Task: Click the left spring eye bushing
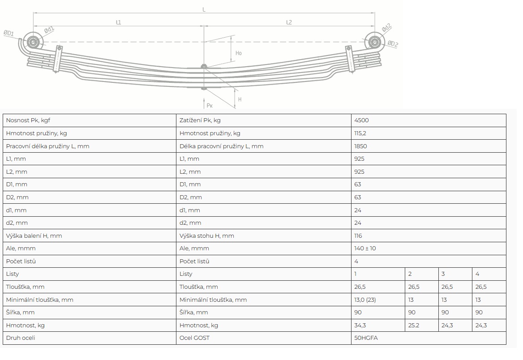click(x=33, y=43)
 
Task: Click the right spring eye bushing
click(x=375, y=43)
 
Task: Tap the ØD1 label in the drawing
click(x=9, y=34)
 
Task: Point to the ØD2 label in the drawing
click(x=393, y=44)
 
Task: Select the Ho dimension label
click(x=239, y=53)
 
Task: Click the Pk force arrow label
click(x=210, y=106)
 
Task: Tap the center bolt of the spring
click(x=204, y=67)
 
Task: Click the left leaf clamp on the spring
click(x=57, y=59)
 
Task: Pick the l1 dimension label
click(x=118, y=22)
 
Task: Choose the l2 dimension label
click(x=289, y=22)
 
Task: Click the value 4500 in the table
click(x=361, y=120)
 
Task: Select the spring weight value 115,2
click(x=360, y=133)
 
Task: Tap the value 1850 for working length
click(x=360, y=146)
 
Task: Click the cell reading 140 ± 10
click(x=365, y=248)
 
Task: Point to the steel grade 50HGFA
click(x=366, y=338)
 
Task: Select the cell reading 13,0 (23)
click(x=365, y=300)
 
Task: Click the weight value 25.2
click(x=414, y=325)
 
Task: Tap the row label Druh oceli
click(x=21, y=338)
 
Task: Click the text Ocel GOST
click(x=194, y=338)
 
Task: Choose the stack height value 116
click(x=358, y=236)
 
